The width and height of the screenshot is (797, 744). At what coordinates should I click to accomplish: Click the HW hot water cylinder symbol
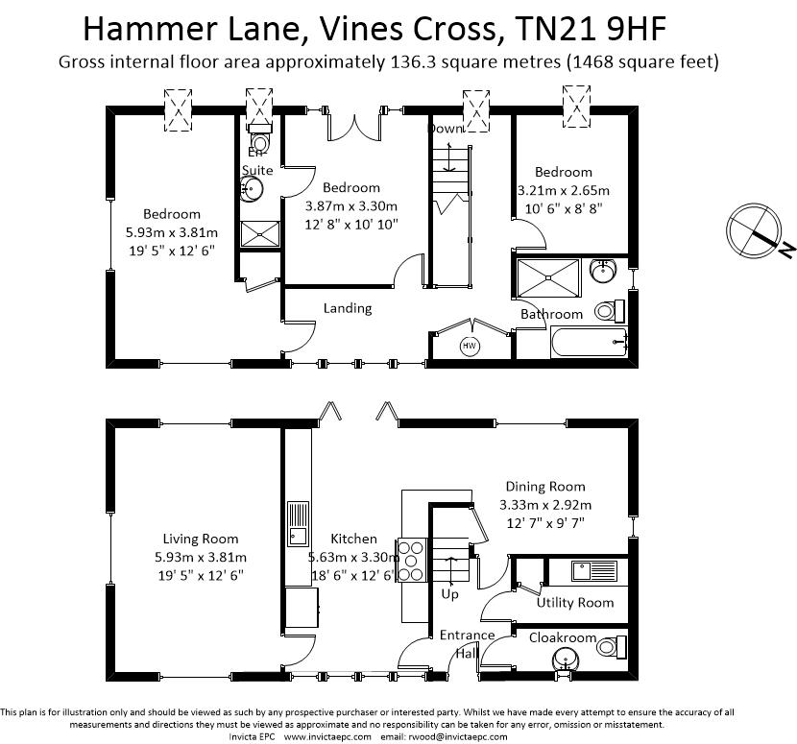[470, 347]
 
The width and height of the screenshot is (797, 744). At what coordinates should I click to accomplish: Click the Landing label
[348, 308]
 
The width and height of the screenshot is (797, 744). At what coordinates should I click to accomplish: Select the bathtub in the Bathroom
[590, 342]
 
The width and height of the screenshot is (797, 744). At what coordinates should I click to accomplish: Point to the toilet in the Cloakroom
[610, 647]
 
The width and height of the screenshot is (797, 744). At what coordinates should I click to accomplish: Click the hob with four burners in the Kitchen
[411, 561]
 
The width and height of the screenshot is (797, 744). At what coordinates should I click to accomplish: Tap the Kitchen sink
[298, 524]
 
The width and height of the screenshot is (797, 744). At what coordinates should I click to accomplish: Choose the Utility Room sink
[594, 570]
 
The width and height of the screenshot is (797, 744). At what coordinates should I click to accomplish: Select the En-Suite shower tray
[259, 234]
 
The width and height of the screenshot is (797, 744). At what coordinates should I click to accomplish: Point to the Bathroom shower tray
[548, 277]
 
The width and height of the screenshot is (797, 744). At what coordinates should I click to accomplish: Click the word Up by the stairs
[449, 593]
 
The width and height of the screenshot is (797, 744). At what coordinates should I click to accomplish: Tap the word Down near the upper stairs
[445, 128]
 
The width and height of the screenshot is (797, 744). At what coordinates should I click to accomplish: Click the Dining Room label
[545, 487]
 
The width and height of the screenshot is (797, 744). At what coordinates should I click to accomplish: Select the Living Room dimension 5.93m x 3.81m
[201, 557]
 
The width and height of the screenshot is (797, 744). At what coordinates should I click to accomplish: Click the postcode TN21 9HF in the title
[591, 29]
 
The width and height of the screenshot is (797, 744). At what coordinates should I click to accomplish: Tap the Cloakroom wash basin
[566, 661]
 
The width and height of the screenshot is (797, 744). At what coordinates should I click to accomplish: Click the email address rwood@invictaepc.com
[456, 737]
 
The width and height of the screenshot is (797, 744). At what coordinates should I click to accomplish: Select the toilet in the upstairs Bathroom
[609, 310]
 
